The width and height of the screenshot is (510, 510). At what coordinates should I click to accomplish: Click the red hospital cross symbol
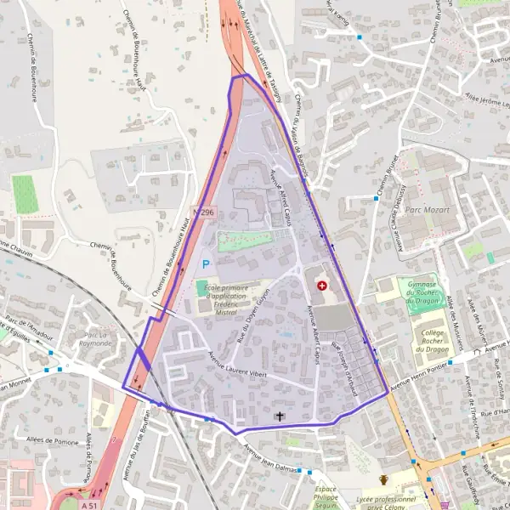321,286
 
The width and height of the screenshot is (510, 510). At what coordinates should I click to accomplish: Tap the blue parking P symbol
205,264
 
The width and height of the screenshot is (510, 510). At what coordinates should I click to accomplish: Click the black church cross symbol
280,416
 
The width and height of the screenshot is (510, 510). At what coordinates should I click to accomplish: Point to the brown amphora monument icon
383,480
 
